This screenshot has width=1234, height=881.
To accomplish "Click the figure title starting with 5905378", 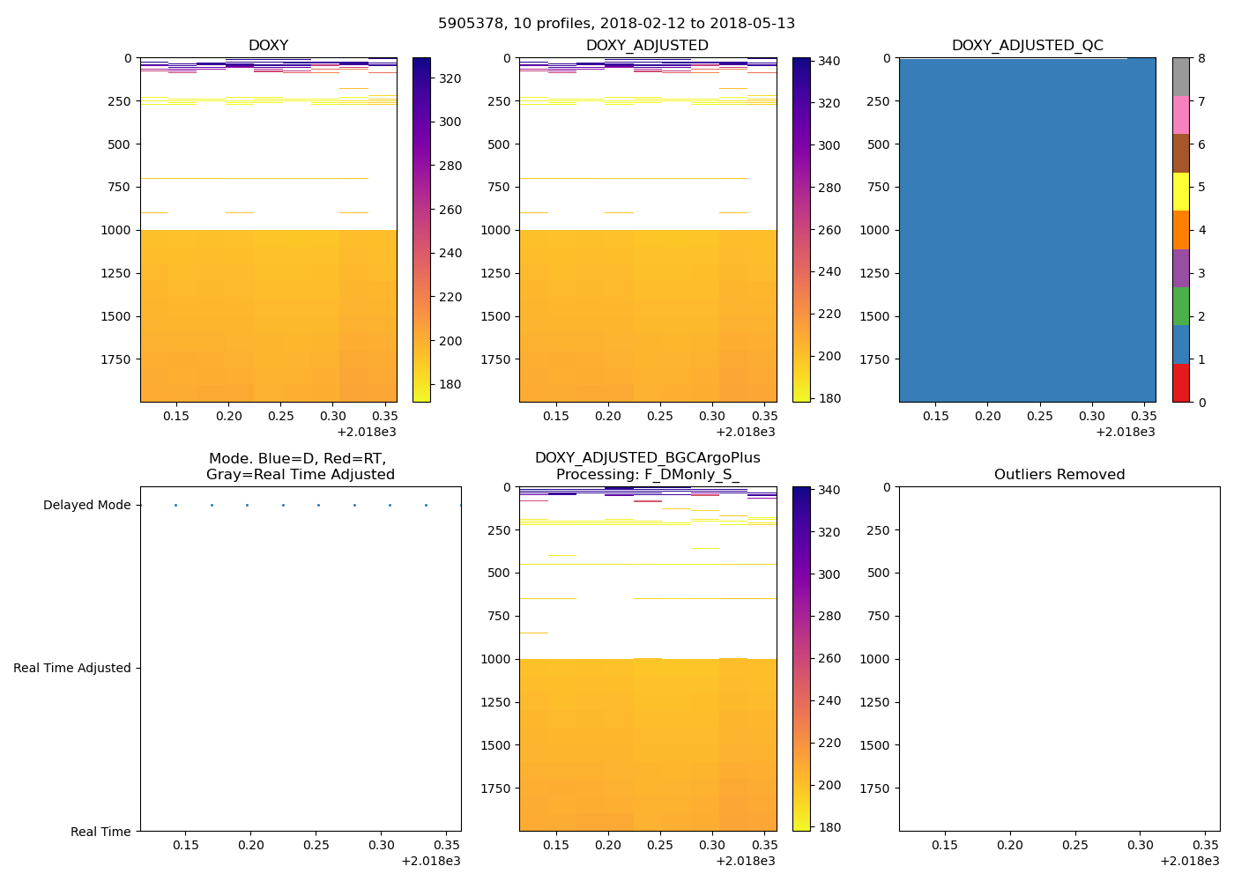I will (616, 24).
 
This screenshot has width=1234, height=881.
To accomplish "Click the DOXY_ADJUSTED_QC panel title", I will (1027, 46).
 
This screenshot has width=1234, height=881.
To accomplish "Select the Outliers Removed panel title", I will (1059, 475).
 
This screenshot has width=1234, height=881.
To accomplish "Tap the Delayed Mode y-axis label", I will (86, 506).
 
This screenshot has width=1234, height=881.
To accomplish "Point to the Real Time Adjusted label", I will (71, 669).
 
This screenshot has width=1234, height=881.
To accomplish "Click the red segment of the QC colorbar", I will (1180, 383).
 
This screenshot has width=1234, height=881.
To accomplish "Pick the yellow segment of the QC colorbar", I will (1180, 191).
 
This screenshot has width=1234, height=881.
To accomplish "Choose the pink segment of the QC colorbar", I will (1180, 115).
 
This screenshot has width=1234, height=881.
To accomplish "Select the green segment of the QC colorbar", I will (1180, 307).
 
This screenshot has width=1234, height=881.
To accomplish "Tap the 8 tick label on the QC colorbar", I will (1201, 59).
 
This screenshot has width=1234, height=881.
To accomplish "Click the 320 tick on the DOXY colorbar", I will (450, 78).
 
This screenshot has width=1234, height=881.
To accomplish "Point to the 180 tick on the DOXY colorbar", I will (450, 385).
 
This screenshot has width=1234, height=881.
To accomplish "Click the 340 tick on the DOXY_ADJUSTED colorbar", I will (829, 62).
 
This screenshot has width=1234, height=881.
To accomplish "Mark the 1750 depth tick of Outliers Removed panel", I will (873, 788).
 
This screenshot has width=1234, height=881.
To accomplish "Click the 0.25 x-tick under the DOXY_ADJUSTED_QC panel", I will (1039, 417).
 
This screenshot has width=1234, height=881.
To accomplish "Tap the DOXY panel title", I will (268, 46).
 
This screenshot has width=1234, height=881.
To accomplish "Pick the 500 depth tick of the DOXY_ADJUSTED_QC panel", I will (880, 144).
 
